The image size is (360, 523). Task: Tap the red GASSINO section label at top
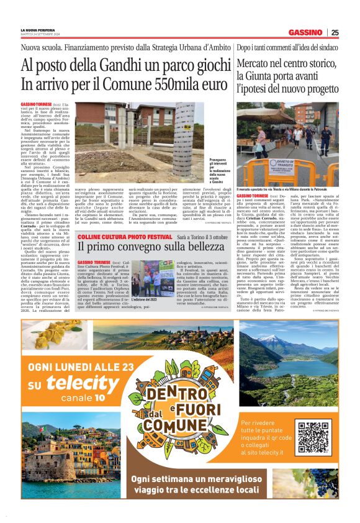[x=305, y=32]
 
